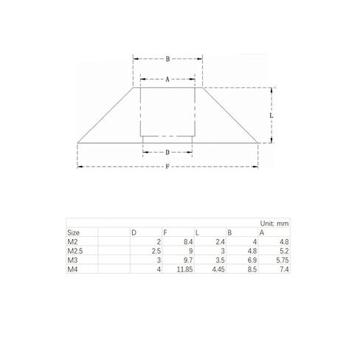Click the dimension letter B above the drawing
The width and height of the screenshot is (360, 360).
click(167, 59)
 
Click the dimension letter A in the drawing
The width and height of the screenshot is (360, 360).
click(167, 80)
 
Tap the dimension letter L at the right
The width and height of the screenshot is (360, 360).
click(271, 115)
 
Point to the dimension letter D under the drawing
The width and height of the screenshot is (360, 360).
click(167, 153)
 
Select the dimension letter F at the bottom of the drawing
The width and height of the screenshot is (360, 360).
click(167, 167)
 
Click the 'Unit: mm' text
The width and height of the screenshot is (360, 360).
click(274, 224)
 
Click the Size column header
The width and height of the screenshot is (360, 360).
click(73, 232)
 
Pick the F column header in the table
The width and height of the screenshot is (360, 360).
click(165, 232)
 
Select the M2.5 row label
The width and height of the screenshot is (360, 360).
click(75, 251)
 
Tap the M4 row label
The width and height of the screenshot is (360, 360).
click(72, 269)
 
